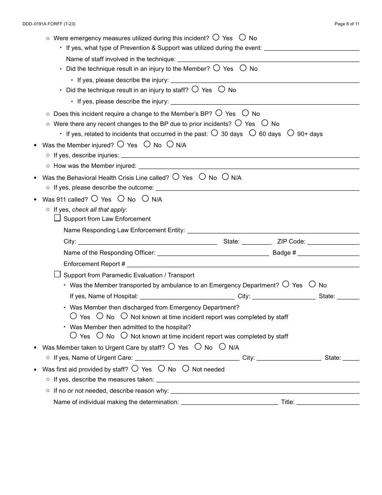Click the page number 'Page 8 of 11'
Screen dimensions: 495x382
pos(347,24)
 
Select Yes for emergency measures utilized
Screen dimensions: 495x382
pos(216,37)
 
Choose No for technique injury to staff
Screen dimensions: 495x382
pos(222,89)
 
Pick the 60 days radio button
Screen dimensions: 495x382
pos(253,133)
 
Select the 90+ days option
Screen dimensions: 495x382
pos(291,133)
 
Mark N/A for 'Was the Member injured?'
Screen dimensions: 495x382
pos(170,144)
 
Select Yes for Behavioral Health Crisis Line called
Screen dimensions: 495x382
pos(176,177)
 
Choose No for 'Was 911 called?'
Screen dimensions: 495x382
pos(121,199)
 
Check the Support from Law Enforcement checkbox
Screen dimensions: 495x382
pos(58,219)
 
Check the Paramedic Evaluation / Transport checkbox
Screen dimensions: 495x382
pos(58,274)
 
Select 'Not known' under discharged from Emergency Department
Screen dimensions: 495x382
pos(124,316)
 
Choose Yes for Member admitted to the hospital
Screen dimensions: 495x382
pos(74,336)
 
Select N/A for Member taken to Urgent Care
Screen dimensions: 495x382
pos(222,347)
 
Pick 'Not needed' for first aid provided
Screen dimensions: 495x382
pos(186,369)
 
